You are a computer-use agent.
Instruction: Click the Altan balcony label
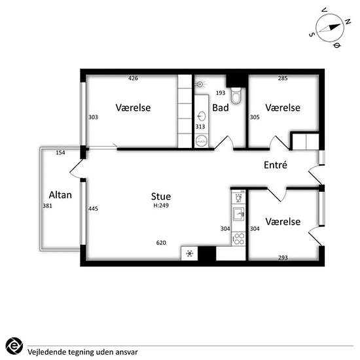pyautogui.click(x=60, y=195)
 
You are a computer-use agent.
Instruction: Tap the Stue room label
pyautogui.click(x=161, y=196)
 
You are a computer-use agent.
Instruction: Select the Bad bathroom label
pyautogui.click(x=221, y=108)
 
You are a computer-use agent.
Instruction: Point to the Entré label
pyautogui.click(x=276, y=165)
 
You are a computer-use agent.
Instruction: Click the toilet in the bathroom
pyautogui.click(x=236, y=96)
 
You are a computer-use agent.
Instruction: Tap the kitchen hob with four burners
pyautogui.click(x=238, y=239)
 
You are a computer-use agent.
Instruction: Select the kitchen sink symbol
pyautogui.click(x=238, y=214)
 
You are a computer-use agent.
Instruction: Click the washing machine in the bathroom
pyautogui.click(x=202, y=141)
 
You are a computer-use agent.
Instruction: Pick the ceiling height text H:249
pyautogui.click(x=161, y=206)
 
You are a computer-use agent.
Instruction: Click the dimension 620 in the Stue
pyautogui.click(x=161, y=243)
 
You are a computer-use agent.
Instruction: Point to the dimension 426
pyautogui.click(x=133, y=79)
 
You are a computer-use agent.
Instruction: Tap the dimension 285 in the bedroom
pyautogui.click(x=283, y=79)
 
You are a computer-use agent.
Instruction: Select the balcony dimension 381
pyautogui.click(x=47, y=206)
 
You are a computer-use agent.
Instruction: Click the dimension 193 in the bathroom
pyautogui.click(x=221, y=93)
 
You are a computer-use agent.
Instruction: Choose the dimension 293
pyautogui.click(x=283, y=258)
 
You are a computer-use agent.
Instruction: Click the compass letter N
pyautogui.click(x=348, y=22)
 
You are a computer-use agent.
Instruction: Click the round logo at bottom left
pyautogui.click(x=14, y=346)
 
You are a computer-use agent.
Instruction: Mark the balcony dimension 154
pyautogui.click(x=60, y=153)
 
